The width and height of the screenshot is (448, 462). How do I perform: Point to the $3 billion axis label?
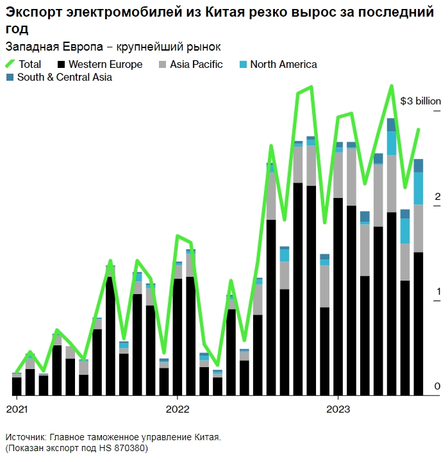pyautogui.click(x=420, y=101)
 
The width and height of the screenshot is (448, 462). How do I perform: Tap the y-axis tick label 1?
pyautogui.click(x=438, y=292)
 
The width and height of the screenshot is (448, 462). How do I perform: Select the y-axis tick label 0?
pyautogui.click(x=438, y=386)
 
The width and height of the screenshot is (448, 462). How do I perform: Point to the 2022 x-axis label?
pyautogui.click(x=178, y=408)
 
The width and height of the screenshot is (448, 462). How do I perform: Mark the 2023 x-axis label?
pyautogui.click(x=338, y=408)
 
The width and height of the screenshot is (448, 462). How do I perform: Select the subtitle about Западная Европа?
pyautogui.click(x=113, y=47)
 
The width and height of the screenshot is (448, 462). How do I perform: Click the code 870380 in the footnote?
pyautogui.click(x=130, y=448)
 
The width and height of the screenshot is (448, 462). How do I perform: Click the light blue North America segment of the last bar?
pyautogui.click(x=419, y=188)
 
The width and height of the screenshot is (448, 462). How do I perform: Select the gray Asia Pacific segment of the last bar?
pyautogui.click(x=419, y=228)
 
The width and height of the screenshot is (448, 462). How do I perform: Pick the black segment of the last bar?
pyautogui.click(x=419, y=324)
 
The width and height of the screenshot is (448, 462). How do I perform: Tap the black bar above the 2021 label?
pyautogui.click(x=17, y=386)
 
